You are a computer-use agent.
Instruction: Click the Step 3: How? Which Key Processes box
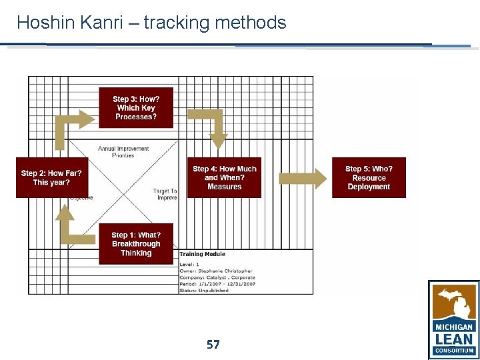click(x=136, y=107)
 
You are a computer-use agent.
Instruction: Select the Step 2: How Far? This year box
click(x=51, y=178)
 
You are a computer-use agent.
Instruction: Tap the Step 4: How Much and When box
click(x=224, y=178)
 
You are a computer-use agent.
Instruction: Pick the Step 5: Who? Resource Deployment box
click(x=369, y=178)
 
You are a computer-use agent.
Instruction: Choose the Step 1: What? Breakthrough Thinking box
click(x=136, y=244)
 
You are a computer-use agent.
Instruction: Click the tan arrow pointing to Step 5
click(x=302, y=178)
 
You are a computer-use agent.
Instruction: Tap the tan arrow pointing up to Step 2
click(x=69, y=227)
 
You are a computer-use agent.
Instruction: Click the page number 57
click(x=213, y=345)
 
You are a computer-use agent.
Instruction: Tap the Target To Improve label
click(x=165, y=195)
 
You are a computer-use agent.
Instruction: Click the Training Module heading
click(x=202, y=254)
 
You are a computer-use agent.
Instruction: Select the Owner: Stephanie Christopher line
click(x=216, y=271)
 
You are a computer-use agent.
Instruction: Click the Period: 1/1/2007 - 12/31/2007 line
click(x=217, y=283)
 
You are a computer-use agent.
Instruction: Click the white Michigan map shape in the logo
click(x=454, y=303)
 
